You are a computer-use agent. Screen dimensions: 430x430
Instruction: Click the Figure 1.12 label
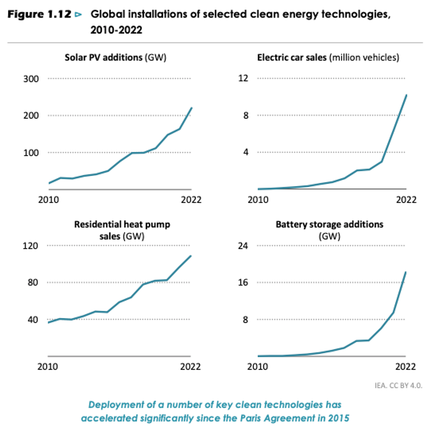[39, 14]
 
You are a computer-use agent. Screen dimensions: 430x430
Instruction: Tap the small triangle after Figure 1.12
[79, 14]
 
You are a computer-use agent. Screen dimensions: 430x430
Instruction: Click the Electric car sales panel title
[328, 58]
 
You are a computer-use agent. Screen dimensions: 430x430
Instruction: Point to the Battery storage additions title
[329, 225]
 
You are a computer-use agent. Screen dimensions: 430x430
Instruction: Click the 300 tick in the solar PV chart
[31, 79]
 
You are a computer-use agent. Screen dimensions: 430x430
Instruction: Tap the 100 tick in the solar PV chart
[31, 153]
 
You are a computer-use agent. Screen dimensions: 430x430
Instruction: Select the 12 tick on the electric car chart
[244, 79]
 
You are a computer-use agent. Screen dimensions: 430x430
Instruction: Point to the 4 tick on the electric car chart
[246, 152]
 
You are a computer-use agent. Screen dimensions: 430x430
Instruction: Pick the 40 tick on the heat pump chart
[33, 319]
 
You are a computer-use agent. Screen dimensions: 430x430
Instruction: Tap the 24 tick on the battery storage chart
[244, 246]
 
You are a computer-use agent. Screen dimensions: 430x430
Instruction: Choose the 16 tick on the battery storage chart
[244, 283]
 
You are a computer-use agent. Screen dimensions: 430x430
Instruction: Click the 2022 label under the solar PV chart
[190, 200]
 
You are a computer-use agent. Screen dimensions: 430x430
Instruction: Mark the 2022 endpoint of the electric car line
[406, 95]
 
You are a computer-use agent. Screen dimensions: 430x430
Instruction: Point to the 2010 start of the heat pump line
[49, 322]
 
